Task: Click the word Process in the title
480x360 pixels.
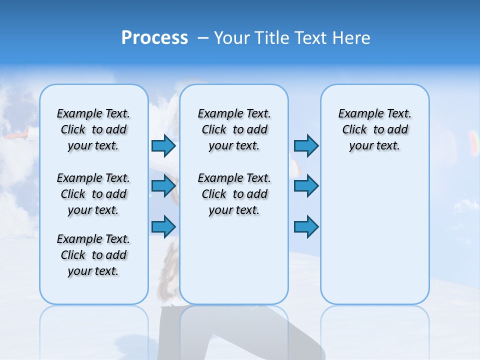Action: pos(154,38)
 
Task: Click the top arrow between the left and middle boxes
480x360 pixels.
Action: pos(163,146)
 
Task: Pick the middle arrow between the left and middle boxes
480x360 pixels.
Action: pos(163,186)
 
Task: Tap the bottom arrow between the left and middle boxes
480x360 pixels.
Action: pos(163,227)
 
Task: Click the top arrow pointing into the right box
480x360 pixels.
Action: pos(306,146)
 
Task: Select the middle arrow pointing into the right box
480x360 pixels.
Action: pos(306,186)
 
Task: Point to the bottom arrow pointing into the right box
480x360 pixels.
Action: pos(306,227)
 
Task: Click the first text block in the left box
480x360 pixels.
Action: pos(93,129)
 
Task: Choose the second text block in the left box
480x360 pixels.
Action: pos(93,194)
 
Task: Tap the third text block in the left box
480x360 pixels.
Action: pos(93,255)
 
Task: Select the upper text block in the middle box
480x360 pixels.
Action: pos(234,129)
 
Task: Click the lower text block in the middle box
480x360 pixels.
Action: pos(234,194)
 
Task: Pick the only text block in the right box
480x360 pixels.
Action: pos(375,129)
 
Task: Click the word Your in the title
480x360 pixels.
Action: pos(232,38)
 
